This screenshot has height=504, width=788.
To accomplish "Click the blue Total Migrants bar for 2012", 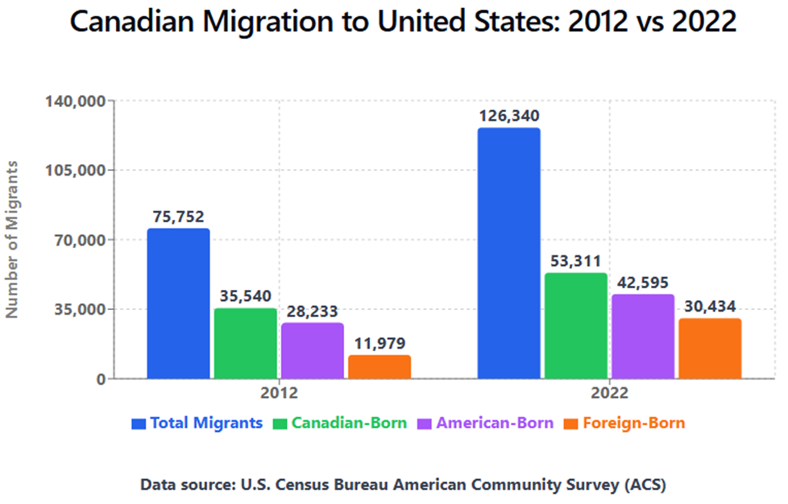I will click(178, 304).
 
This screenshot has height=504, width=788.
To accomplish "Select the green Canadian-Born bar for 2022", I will click(575, 325).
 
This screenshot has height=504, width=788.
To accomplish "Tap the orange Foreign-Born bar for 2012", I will click(379, 366).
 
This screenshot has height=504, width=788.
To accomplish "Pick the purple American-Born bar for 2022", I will click(642, 336).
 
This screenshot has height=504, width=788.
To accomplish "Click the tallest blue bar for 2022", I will click(508, 253).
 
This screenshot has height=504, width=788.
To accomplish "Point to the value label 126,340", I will click(508, 116).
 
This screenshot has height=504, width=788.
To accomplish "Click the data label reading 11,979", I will click(379, 344).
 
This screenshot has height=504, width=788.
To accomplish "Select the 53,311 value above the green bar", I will click(575, 262).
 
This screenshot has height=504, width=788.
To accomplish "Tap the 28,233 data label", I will click(313, 311).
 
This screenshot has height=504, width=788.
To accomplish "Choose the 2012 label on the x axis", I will click(279, 394).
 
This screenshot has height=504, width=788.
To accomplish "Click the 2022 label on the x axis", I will click(609, 394).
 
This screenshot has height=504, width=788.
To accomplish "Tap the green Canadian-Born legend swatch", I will click(280, 423).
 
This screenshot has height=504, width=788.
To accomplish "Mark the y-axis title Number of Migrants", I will click(12, 238).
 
